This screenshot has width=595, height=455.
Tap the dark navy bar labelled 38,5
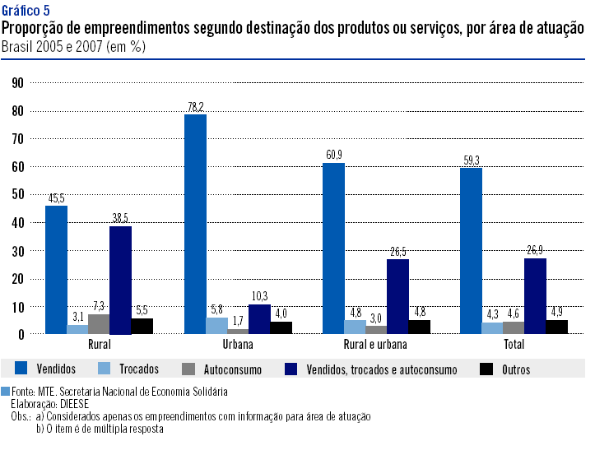(120, 280)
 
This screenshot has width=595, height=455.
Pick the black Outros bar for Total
(557, 327)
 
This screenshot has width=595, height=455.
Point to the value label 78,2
(195, 107)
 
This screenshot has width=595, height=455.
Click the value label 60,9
(333, 156)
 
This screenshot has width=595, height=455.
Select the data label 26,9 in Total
(535, 252)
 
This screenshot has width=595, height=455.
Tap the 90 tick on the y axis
(17, 82)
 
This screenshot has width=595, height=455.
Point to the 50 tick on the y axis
(17, 194)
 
